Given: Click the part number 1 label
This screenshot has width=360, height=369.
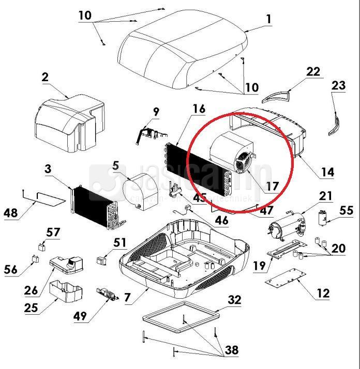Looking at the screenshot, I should coord(268,19).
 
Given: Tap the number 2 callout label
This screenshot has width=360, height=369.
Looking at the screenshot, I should coord(46,78).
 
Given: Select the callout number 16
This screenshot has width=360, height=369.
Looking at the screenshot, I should coord(198,109).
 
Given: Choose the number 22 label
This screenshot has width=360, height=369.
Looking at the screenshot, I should coord(313,72).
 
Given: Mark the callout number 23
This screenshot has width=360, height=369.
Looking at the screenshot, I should coord(338,85).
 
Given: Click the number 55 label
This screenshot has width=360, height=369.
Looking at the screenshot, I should coord(346,210).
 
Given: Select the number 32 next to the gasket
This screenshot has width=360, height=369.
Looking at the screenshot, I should coord(234,299).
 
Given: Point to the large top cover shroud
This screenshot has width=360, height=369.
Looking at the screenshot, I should coord(181,52).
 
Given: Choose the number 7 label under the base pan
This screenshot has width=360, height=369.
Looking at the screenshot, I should coord(128,298).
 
